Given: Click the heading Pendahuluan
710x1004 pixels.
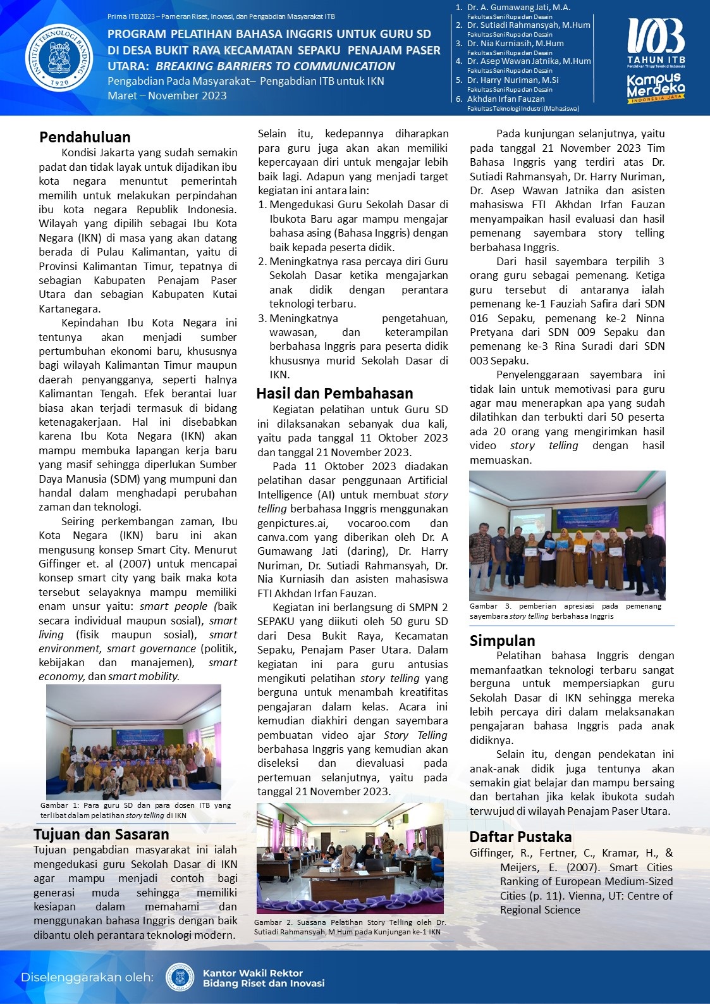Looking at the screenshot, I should [x=85, y=137].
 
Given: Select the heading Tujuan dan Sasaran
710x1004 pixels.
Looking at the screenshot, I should [x=101, y=834].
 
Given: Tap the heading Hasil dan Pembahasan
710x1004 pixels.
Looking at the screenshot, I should [x=334, y=394].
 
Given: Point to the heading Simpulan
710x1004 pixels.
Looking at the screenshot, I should [x=502, y=641].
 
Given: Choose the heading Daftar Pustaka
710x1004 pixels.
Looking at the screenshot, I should [x=520, y=837].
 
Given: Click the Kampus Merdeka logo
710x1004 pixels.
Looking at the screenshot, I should [x=656, y=88].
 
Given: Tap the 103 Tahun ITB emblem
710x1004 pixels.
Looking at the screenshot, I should [x=656, y=41].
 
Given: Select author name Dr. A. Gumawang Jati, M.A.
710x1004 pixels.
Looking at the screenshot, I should [x=518, y=8].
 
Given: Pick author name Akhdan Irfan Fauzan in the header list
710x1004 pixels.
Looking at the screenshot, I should [x=506, y=99].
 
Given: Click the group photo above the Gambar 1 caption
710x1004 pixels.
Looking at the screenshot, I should [x=133, y=741].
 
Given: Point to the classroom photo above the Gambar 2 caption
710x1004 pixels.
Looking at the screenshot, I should [x=350, y=858].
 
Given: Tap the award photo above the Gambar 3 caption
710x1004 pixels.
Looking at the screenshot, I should [x=567, y=535].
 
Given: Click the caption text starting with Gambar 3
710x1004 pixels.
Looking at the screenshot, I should [x=565, y=610].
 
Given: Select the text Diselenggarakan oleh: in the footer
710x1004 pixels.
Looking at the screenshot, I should [x=87, y=977].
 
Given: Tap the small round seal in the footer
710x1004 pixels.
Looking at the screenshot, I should [x=180, y=977].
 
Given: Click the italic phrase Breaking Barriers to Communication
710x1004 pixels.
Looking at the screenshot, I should [x=275, y=66].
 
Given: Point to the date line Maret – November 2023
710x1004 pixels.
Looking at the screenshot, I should [x=167, y=96].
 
